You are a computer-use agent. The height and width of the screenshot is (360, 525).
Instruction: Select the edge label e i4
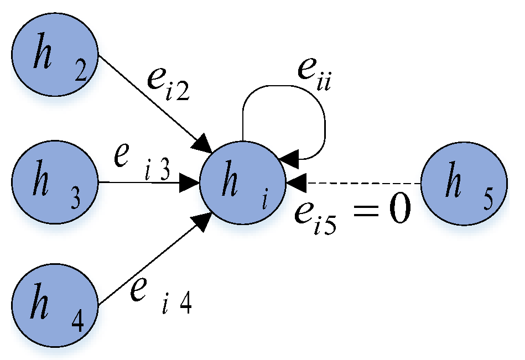(x=161, y=293)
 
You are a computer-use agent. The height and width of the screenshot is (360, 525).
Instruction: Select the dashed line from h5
(x=365, y=182)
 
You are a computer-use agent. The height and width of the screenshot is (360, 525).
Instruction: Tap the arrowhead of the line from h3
(x=190, y=182)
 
